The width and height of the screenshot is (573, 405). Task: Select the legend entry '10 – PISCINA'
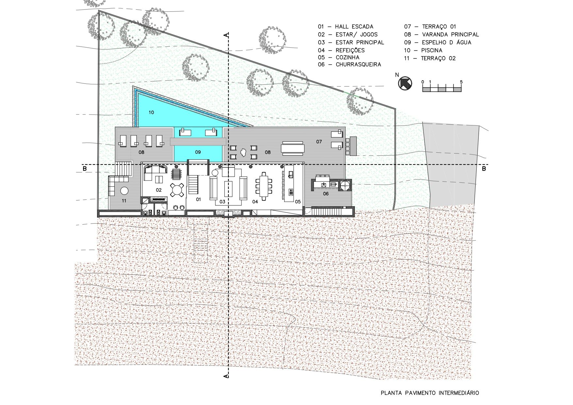[423, 50]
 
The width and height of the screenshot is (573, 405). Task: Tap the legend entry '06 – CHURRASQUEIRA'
[349, 64]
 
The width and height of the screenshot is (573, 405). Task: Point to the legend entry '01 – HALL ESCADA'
[346, 26]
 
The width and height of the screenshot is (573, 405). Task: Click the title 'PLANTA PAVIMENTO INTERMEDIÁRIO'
[430, 393]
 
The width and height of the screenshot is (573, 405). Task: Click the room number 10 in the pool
[151, 112]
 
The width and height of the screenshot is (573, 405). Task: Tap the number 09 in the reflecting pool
[198, 152]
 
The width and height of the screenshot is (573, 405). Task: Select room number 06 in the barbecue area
[326, 194]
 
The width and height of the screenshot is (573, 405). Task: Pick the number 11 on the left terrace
[124, 201]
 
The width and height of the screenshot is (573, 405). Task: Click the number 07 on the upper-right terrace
[319, 142]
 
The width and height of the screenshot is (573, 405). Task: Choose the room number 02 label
[159, 190]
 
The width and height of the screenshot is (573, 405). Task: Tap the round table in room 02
[177, 190]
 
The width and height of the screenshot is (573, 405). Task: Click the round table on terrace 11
[124, 190]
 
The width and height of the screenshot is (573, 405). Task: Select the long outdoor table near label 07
[293, 148]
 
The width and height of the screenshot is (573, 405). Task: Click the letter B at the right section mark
[484, 169]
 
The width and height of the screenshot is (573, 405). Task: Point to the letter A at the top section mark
[225, 35]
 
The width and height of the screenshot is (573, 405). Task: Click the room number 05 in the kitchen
[298, 202]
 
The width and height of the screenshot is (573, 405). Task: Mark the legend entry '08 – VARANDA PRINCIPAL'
[442, 34]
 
